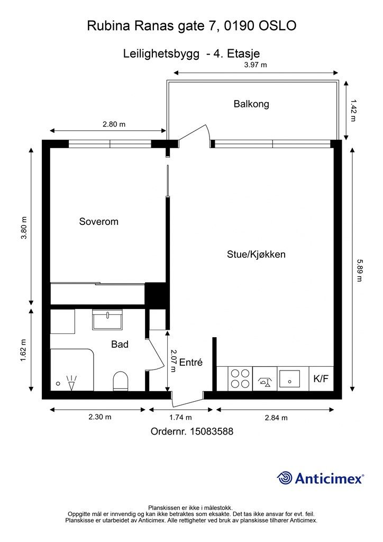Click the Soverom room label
click(x=99, y=221)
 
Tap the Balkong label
click(x=251, y=104)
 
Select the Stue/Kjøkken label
click(x=256, y=255)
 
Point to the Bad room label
click(x=120, y=344)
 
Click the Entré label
click(x=191, y=362)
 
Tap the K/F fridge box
click(x=321, y=379)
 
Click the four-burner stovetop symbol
click(x=240, y=379)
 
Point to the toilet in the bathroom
click(x=121, y=381)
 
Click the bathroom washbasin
click(x=107, y=320)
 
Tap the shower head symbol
click(x=71, y=383)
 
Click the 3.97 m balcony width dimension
click(x=256, y=65)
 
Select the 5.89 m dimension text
click(x=360, y=270)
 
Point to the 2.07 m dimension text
click(x=174, y=360)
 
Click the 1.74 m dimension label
click(x=180, y=418)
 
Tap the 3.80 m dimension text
click(x=23, y=228)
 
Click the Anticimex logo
click(x=320, y=478)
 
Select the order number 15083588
click(x=212, y=431)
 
